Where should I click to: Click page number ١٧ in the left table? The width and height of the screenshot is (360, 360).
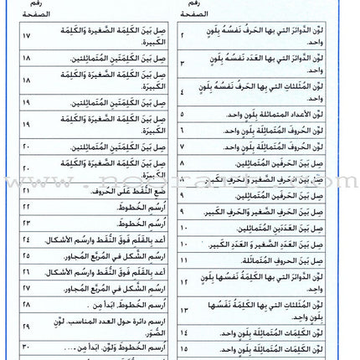click(x=25, y=37)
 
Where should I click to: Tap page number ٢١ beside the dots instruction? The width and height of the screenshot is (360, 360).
click(x=25, y=189)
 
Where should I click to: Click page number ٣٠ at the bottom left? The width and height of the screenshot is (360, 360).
click(x=25, y=347)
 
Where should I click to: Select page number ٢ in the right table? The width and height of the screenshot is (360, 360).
click(x=183, y=37)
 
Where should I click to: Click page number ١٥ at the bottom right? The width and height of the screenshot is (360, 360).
click(x=183, y=347)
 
